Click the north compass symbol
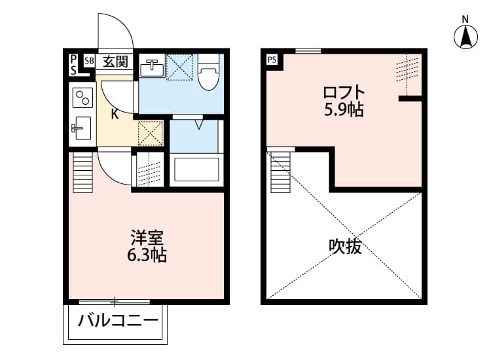click(x=465, y=35)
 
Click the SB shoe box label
click(x=89, y=62)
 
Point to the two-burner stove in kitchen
click(x=82, y=98)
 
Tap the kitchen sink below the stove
click(x=82, y=127)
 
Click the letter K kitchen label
click(x=115, y=115)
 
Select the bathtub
click(x=196, y=170)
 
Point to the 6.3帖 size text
click(x=147, y=255)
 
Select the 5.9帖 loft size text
click(x=344, y=109)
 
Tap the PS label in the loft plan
click(x=272, y=60)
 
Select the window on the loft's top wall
click(x=308, y=51)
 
